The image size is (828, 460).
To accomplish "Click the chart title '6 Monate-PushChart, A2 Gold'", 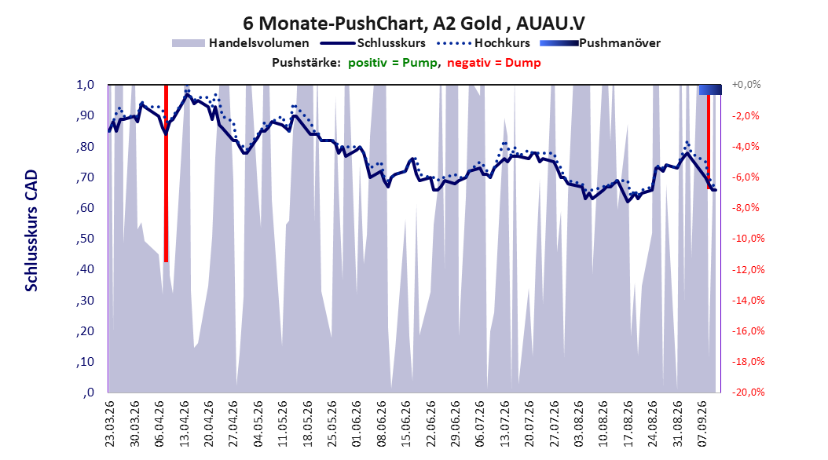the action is tap(372, 24).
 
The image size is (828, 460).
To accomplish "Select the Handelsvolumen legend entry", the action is tap(240, 43).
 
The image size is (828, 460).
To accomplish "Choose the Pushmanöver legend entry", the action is tap(600, 43).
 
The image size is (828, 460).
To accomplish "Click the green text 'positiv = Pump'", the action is tap(392, 63).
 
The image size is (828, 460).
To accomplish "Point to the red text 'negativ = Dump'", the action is tap(494, 63).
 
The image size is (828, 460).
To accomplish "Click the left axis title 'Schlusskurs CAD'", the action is tap(31, 231).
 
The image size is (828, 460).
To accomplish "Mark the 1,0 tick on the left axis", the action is tap(85, 85).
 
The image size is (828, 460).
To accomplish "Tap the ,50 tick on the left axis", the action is tap(85, 239).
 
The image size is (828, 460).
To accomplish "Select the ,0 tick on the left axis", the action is tap(89, 392).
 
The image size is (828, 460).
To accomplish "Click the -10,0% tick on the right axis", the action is tap(748, 239).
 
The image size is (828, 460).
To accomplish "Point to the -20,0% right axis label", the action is tap(748, 392).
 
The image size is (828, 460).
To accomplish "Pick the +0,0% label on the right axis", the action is tap(746, 85).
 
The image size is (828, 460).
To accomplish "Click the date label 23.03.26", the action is tap(109, 424).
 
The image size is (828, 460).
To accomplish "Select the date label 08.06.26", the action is tap(381, 424).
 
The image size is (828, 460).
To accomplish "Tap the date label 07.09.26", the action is tap(702, 424).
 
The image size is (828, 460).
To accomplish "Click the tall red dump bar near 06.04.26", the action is tap(166, 173).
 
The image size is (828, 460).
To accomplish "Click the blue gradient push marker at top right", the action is tap(710, 89).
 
